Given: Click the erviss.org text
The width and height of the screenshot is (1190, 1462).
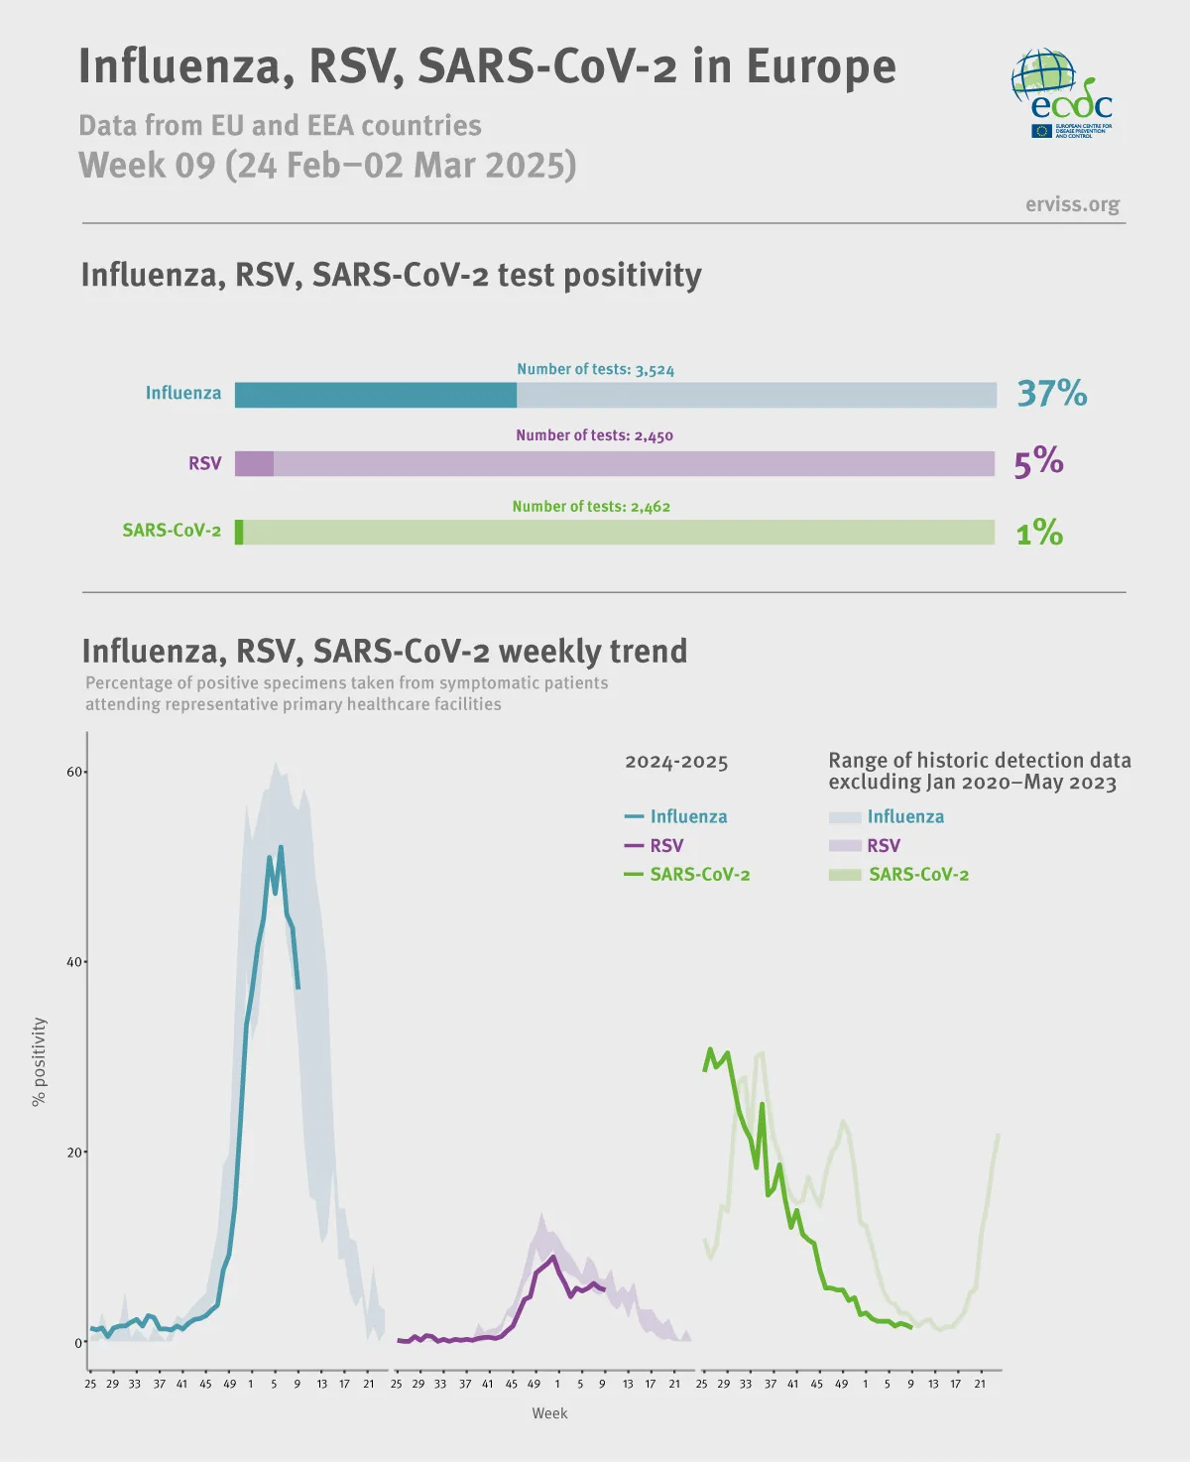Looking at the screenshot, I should (1072, 204).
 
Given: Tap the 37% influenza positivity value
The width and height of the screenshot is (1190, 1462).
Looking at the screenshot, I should (1052, 394).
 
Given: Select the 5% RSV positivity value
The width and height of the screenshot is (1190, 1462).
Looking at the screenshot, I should (1038, 462).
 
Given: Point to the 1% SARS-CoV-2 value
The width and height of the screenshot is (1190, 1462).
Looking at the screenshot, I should (1039, 533).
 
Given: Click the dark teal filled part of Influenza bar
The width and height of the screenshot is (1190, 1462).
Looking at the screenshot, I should (375, 395).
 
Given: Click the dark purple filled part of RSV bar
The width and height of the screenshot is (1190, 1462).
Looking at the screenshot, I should (254, 463).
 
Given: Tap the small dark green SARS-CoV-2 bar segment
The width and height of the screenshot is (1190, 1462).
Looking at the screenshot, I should (239, 532).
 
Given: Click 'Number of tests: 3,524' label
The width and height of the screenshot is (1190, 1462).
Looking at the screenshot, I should (595, 369).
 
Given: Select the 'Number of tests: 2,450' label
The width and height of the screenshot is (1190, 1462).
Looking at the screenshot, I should (594, 435).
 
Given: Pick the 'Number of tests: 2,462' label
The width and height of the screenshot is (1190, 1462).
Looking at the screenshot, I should (591, 507).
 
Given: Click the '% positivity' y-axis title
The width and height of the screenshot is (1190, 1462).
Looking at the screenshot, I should (39, 1061).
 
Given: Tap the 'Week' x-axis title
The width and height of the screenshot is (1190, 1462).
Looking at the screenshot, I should (549, 1413).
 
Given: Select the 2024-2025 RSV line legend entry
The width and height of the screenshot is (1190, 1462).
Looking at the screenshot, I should (654, 846).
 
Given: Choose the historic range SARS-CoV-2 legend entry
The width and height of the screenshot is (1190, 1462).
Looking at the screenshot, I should (899, 875).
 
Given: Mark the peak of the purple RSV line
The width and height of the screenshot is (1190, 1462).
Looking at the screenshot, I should (553, 1257).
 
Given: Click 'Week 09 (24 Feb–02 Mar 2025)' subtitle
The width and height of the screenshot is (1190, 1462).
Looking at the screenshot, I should (327, 165).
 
